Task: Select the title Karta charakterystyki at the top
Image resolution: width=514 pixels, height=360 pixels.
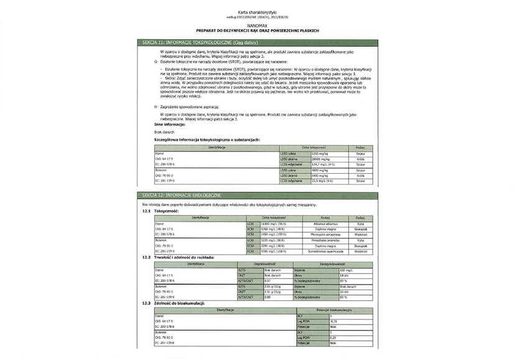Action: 256,12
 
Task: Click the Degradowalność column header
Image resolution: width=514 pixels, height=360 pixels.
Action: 256,264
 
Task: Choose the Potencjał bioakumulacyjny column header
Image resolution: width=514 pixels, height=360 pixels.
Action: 335,310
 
